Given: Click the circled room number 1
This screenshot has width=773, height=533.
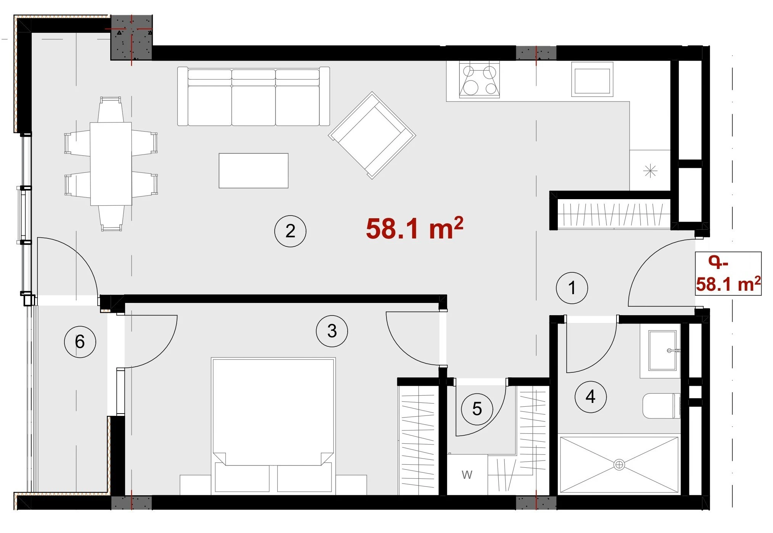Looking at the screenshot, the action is pos(572,288).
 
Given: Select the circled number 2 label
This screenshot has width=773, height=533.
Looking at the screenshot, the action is pos(290,231).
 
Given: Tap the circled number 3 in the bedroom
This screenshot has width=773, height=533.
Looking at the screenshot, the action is pos(332,331).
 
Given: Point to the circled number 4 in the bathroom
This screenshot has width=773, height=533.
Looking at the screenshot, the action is pos(591,397).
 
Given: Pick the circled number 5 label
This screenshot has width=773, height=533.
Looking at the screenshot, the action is pos(477,409).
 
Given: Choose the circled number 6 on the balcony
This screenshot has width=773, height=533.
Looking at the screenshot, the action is pos(80,341).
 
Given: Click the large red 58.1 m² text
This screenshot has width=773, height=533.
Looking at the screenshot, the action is pos(414,229).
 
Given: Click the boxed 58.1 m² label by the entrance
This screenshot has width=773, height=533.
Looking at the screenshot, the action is pos(728,284).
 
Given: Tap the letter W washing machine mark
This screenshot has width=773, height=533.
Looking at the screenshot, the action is pos(467,475).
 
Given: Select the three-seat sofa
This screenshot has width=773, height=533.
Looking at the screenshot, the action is pos(253,96).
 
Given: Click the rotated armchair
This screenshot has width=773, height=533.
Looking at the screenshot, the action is pos(372,135).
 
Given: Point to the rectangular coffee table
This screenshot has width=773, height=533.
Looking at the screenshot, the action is pos(253,171).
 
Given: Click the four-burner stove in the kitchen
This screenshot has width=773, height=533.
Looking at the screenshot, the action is pos(480,80).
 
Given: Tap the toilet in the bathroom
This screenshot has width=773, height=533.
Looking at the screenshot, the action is pos(662,406).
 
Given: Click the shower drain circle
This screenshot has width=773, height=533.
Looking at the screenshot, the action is pos(619,465).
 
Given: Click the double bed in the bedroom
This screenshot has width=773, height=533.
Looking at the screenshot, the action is pos(273,425).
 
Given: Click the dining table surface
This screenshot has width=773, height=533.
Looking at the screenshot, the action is pos(111,164).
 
